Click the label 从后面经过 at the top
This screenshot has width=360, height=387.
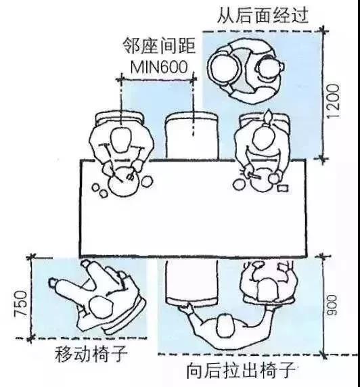[x=263, y=16]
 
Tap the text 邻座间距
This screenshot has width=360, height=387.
[x=160, y=46]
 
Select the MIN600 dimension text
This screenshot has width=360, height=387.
[x=159, y=66]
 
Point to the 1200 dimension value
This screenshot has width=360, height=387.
[x=333, y=101]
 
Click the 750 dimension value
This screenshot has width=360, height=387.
[x=21, y=304]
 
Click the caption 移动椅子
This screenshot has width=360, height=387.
[x=91, y=354]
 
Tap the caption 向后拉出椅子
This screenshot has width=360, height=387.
[x=241, y=370]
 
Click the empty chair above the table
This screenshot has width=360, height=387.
[x=192, y=135]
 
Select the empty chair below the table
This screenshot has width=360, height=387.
[x=192, y=282]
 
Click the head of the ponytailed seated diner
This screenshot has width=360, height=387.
[x=264, y=138]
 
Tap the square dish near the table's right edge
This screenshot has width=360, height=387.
[x=283, y=188]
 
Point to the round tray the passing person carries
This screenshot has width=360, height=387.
[x=225, y=68]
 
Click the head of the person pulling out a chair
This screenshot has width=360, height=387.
[x=225, y=325]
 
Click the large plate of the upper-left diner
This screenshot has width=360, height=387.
[x=123, y=182]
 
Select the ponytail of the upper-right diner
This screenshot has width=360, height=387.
[x=268, y=118]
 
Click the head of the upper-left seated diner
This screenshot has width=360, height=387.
[x=120, y=139]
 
